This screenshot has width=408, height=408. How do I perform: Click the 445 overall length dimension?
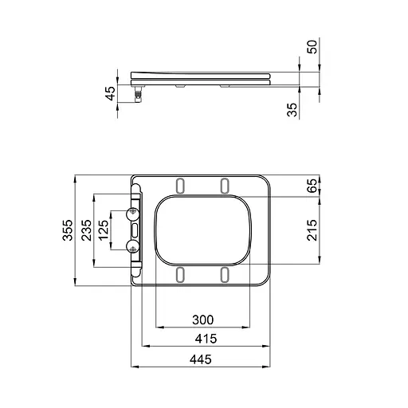point(201,360)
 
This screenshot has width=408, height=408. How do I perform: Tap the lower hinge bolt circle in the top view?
point(132,245)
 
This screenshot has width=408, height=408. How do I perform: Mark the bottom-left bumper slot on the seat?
point(181,274)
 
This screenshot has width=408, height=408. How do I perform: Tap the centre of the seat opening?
point(204,229)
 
